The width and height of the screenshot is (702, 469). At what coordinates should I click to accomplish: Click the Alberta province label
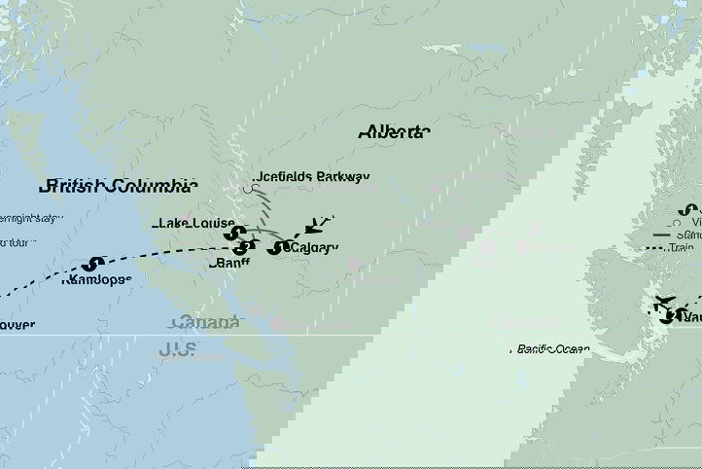(x=394, y=131)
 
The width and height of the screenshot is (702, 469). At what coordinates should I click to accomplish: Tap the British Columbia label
(x=119, y=186)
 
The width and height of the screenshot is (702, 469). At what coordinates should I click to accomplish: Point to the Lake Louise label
(x=193, y=223)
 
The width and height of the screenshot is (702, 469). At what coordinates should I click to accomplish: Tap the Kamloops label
(x=95, y=280)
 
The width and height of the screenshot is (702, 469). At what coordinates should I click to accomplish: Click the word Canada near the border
(x=205, y=322)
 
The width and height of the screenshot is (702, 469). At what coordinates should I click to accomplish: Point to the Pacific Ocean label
(x=553, y=346)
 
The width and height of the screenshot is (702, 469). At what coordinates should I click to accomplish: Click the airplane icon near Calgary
(x=316, y=225)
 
